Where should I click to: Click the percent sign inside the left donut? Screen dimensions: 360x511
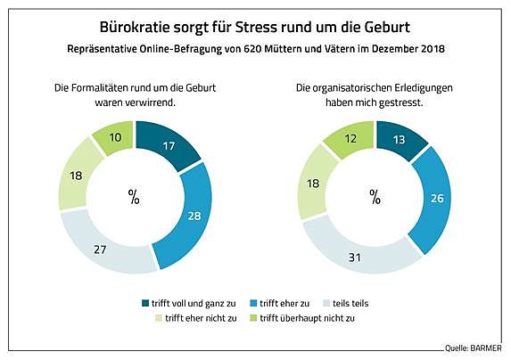[x=134, y=197]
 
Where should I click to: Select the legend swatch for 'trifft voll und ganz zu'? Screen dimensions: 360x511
[x=146, y=303]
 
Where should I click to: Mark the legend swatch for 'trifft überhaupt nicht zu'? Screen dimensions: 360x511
[x=253, y=319]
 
